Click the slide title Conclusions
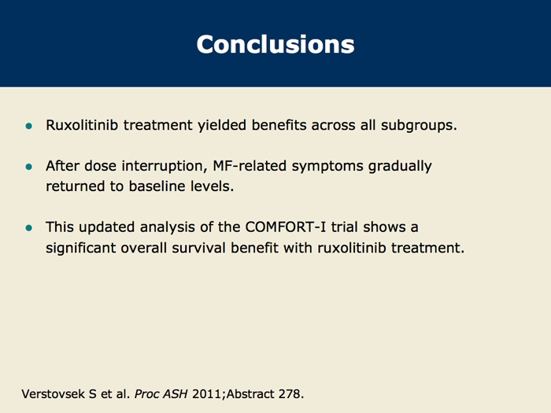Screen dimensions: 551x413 pyautogui.click(x=275, y=45)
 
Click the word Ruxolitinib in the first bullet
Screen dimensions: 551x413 pyautogui.click(x=82, y=125)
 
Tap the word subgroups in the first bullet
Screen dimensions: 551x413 pyautogui.click(x=419, y=126)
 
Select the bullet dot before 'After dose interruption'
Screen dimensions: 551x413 pyautogui.click(x=29, y=167)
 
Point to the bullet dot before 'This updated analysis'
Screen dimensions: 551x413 pyautogui.click(x=29, y=228)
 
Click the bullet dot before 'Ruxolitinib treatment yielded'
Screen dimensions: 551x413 pyautogui.click(x=29, y=126)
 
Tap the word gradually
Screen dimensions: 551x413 pyautogui.click(x=400, y=167)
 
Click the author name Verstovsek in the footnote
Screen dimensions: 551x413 pyautogui.click(x=54, y=394)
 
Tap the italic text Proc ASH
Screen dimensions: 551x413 pyautogui.click(x=161, y=394)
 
